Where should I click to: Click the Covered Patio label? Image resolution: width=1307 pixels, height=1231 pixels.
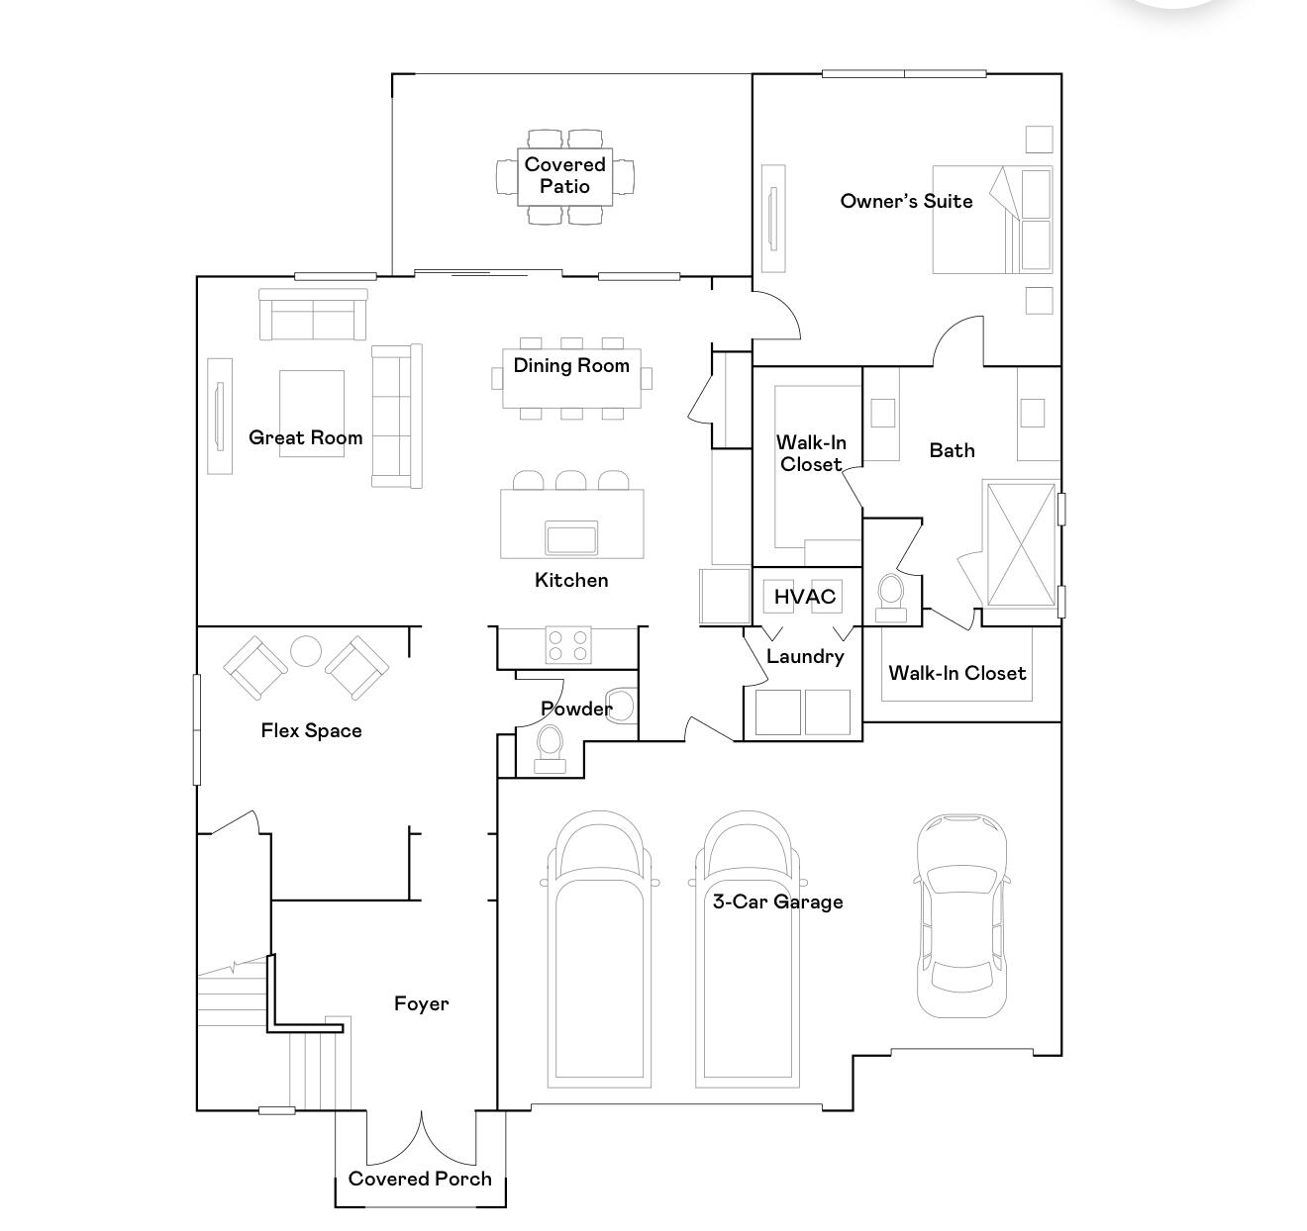coord(564,175)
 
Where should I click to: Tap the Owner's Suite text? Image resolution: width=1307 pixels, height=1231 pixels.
coord(906,201)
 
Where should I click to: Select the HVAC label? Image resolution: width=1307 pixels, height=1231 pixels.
coord(804,597)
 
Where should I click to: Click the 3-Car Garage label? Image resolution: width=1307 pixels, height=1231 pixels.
coord(777,901)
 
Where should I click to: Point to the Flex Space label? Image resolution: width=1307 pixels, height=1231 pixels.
coord(311,730)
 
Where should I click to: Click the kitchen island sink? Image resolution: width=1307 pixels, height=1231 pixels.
coord(571,539)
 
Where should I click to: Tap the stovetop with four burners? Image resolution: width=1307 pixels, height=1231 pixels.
coord(568,646)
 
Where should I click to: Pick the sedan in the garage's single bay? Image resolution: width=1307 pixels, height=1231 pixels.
coord(961,915)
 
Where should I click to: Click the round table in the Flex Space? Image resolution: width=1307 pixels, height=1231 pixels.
coord(306,651)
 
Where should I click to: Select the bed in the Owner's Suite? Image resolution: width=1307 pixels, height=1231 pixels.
coord(990,220)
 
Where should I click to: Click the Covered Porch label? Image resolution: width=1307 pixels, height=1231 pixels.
coord(420,1179)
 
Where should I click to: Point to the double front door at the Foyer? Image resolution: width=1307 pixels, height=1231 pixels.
coord(422,1138)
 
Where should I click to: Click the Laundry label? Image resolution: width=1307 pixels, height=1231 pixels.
coord(804,656)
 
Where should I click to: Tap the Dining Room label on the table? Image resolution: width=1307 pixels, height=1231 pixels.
coord(571,365)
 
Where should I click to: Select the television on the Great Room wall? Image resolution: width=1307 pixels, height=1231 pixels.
coord(219,416)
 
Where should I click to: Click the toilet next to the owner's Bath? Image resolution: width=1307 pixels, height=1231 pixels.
coord(891,594)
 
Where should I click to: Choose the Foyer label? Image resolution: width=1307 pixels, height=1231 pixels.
coord(421,1003)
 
